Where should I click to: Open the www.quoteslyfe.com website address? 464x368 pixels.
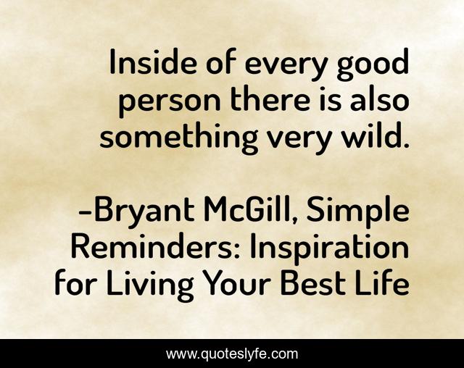coord(232,354)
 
